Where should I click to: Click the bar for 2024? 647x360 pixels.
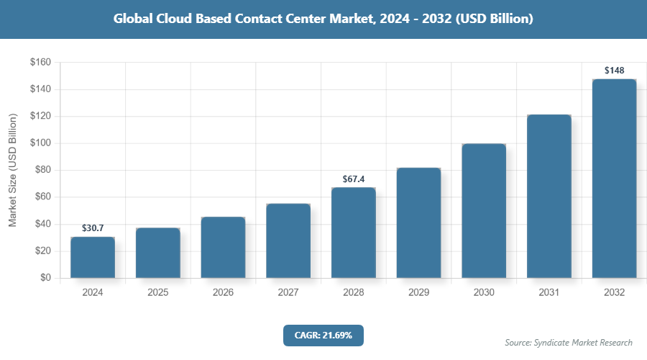(93, 257)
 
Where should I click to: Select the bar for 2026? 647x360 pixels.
(223, 247)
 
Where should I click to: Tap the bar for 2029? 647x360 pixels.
(418, 222)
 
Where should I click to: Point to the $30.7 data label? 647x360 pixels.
(93, 228)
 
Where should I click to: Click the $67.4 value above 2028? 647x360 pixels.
(353, 178)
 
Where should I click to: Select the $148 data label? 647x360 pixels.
(614, 70)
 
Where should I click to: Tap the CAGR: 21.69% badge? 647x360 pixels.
(323, 335)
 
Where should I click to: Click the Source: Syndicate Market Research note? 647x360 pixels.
(569, 342)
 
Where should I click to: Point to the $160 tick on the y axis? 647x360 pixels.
(40, 63)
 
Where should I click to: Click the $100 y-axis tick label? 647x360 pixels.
(40, 143)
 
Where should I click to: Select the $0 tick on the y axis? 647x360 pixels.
(45, 278)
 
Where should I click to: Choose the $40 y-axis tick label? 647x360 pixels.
(42, 224)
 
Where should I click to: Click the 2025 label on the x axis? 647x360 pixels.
(157, 293)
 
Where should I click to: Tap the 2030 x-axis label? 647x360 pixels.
(484, 293)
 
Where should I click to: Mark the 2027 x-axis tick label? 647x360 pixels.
(288, 293)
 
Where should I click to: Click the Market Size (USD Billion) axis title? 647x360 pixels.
(13, 171)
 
